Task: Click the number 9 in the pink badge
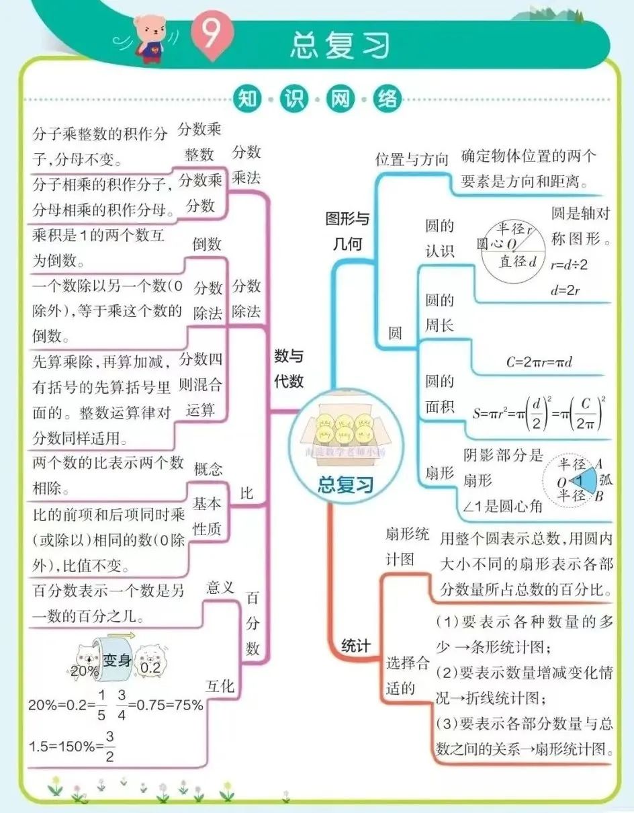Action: (x=212, y=35)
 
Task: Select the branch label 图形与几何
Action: (x=347, y=231)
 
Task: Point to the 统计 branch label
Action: (x=356, y=646)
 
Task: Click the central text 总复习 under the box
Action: (x=345, y=486)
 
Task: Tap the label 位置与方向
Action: (x=411, y=159)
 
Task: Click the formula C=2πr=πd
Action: (x=539, y=362)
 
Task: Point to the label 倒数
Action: (x=207, y=244)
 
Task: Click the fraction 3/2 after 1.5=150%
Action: (x=109, y=746)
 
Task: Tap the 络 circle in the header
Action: (x=388, y=99)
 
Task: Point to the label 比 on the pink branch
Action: (x=246, y=493)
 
